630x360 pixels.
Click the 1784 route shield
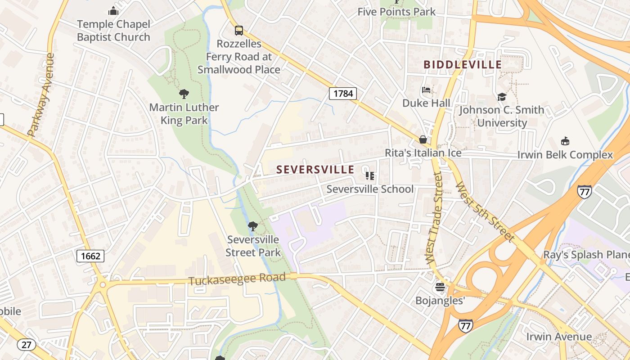pos(343,94)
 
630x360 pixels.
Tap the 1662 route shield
pos(90,256)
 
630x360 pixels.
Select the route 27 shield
pos(27,345)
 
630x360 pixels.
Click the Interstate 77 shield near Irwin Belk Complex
pos(584,192)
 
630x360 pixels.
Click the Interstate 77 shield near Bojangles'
pos(466,325)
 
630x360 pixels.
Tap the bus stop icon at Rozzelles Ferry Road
pos(238,31)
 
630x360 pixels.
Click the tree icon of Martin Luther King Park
pos(184,94)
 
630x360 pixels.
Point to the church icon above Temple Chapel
pos(113,11)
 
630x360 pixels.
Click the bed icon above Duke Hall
pos(426,90)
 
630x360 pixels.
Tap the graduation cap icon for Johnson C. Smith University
pos(501,97)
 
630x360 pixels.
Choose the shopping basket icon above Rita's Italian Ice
pos(423,139)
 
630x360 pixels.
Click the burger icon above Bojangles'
pos(440,287)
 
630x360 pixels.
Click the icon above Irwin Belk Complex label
pos(565,141)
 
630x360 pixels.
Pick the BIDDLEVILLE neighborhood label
pos(463,65)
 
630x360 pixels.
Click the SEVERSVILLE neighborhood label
pos(315,170)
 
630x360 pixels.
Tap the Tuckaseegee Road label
pos(237,279)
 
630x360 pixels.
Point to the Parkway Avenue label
pos(41,95)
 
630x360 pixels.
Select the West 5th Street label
pos(485,211)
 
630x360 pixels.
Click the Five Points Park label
pos(396,12)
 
